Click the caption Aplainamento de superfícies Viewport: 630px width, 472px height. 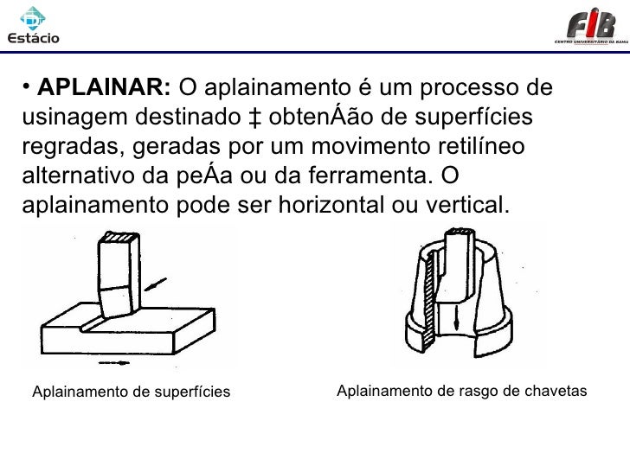(x=131, y=393)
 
